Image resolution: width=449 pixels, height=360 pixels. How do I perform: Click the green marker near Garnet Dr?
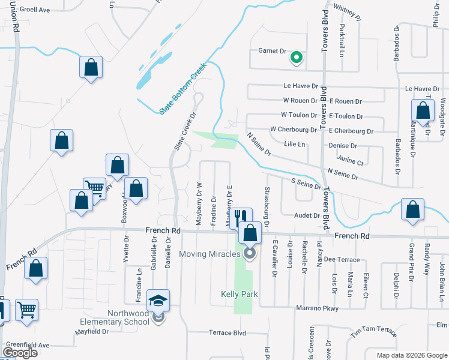pyautogui.click(x=295, y=58)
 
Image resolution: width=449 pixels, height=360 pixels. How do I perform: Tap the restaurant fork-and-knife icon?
pyautogui.click(x=241, y=218)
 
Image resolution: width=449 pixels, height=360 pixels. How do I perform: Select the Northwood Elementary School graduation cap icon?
pyautogui.click(x=158, y=300)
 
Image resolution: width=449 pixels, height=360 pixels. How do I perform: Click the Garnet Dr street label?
pyautogui.click(x=272, y=52)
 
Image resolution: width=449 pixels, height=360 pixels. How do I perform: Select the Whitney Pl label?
pyautogui.click(x=346, y=14)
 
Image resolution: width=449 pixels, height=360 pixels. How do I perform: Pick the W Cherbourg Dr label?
pyautogui.click(x=293, y=129)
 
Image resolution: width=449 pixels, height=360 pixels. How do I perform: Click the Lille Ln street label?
pyautogui.click(x=295, y=145)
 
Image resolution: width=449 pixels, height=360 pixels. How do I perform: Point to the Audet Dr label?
pyautogui.click(x=307, y=215)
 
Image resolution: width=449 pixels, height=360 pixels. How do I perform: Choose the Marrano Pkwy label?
pyautogui.click(x=317, y=308)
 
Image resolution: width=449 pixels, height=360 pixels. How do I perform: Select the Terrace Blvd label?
pyautogui.click(x=228, y=332)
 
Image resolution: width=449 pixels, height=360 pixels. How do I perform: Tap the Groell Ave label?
pyautogui.click(x=34, y=10)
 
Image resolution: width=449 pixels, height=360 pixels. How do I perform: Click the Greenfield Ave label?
pyautogui.click(x=27, y=345)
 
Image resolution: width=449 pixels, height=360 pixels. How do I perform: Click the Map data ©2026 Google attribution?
pyautogui.click(x=412, y=355)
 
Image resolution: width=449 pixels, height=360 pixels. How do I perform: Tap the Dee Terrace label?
pyautogui.click(x=341, y=260)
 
